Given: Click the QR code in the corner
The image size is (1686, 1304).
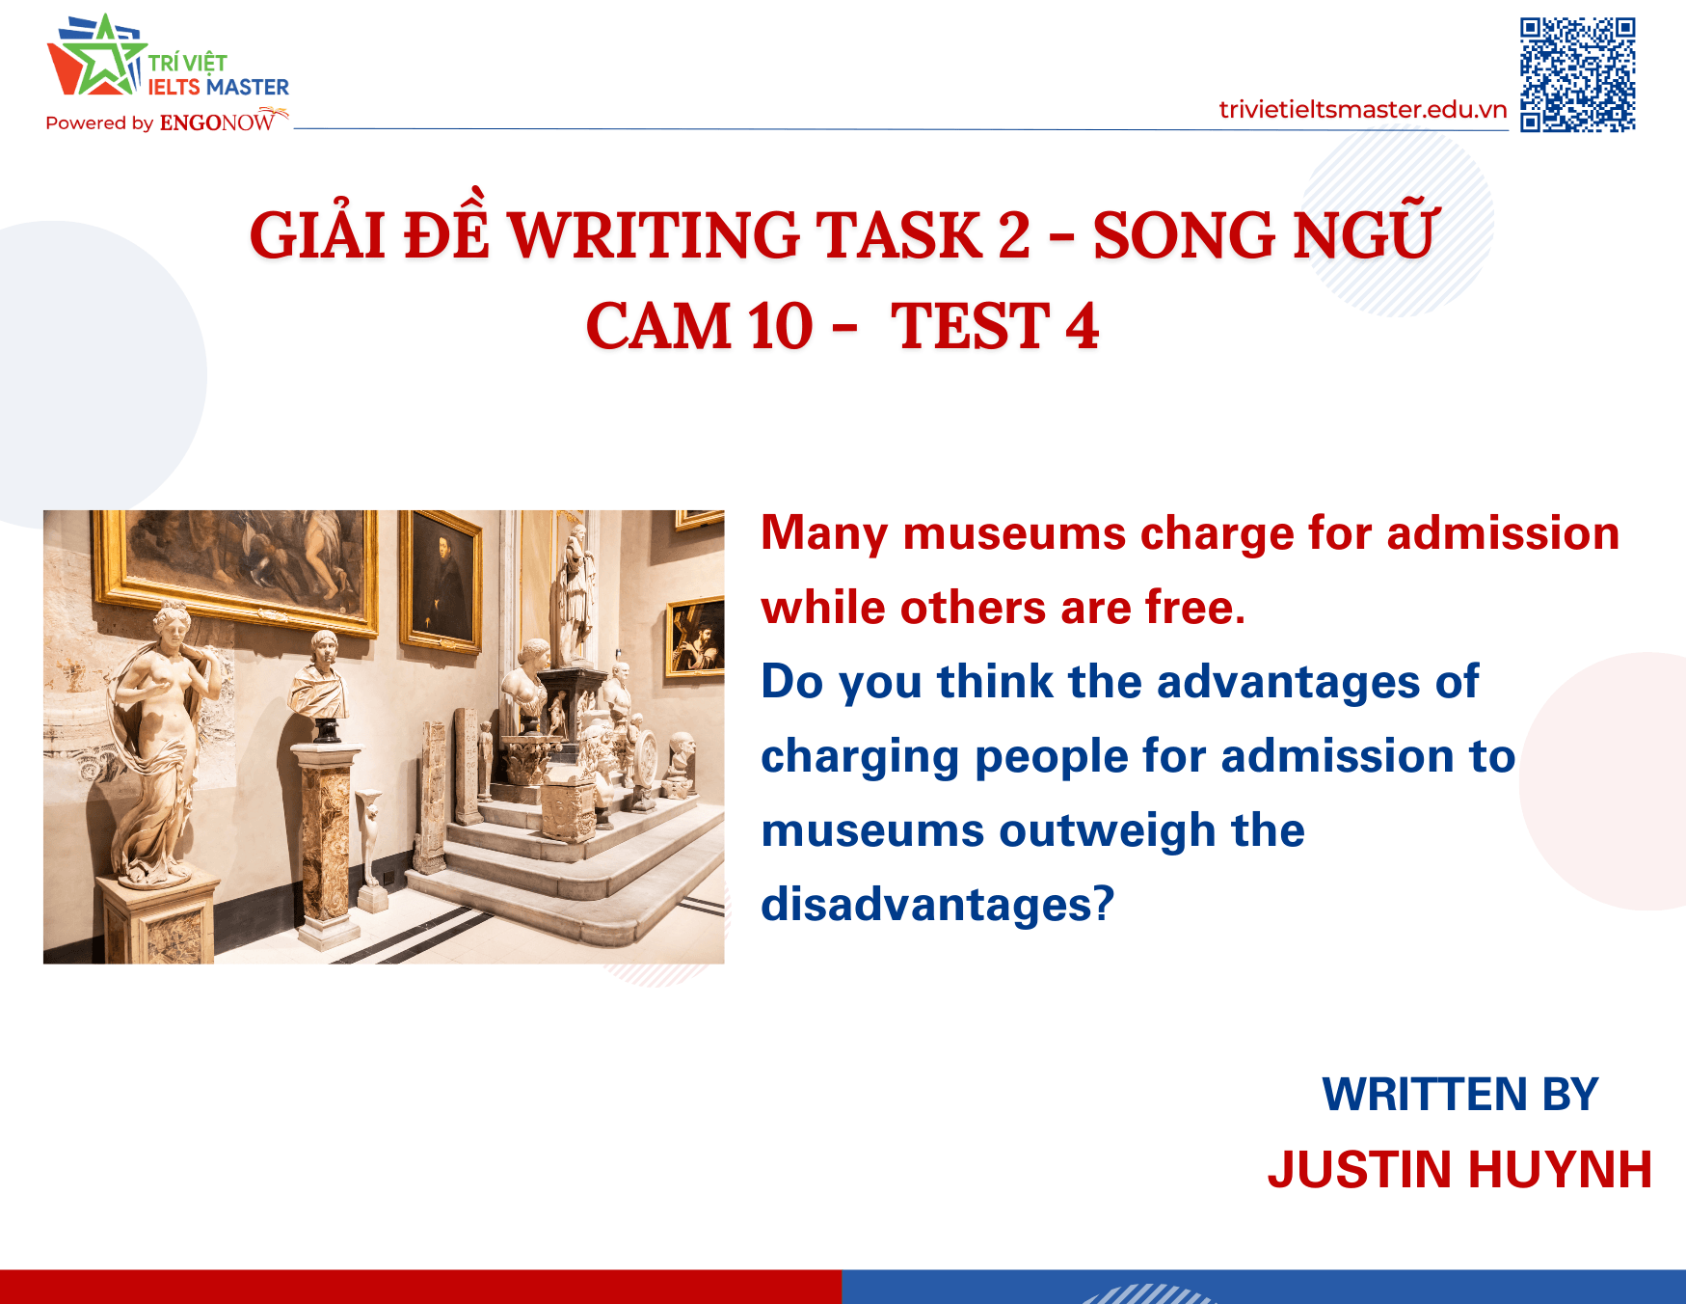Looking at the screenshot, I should (x=1577, y=74).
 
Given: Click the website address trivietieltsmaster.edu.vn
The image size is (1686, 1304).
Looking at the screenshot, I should (x=1362, y=110).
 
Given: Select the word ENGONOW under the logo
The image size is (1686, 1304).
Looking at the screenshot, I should (x=218, y=122).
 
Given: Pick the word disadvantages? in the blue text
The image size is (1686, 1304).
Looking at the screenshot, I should (x=937, y=905).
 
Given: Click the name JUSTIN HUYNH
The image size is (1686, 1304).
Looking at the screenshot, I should (x=1459, y=1169).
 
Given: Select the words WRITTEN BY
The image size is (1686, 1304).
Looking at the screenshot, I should (x=1459, y=1095).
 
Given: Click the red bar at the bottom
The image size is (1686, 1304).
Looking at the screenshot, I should (x=420, y=1287).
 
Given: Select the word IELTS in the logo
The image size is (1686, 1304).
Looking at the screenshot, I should (x=174, y=88).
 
